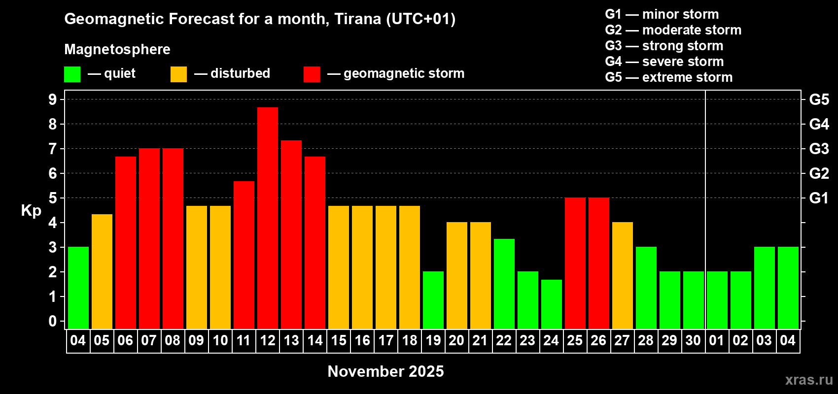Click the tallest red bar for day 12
[x=268, y=218]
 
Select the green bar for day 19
[x=433, y=300]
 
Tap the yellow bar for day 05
[x=102, y=271]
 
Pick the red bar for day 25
[x=575, y=263]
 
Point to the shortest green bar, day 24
[x=552, y=304]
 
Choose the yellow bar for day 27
[x=623, y=275]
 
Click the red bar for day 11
[x=244, y=255]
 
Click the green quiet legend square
[x=72, y=74]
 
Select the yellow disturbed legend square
[x=178, y=74]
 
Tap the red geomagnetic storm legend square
[x=312, y=74]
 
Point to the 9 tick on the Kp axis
[x=52, y=99]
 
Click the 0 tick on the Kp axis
[x=52, y=321]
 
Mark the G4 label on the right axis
[x=819, y=124]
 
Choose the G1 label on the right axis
[x=819, y=198]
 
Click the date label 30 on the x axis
[x=693, y=340]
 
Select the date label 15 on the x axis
[x=339, y=340]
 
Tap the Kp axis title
[x=31, y=211]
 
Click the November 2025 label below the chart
[x=385, y=371]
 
